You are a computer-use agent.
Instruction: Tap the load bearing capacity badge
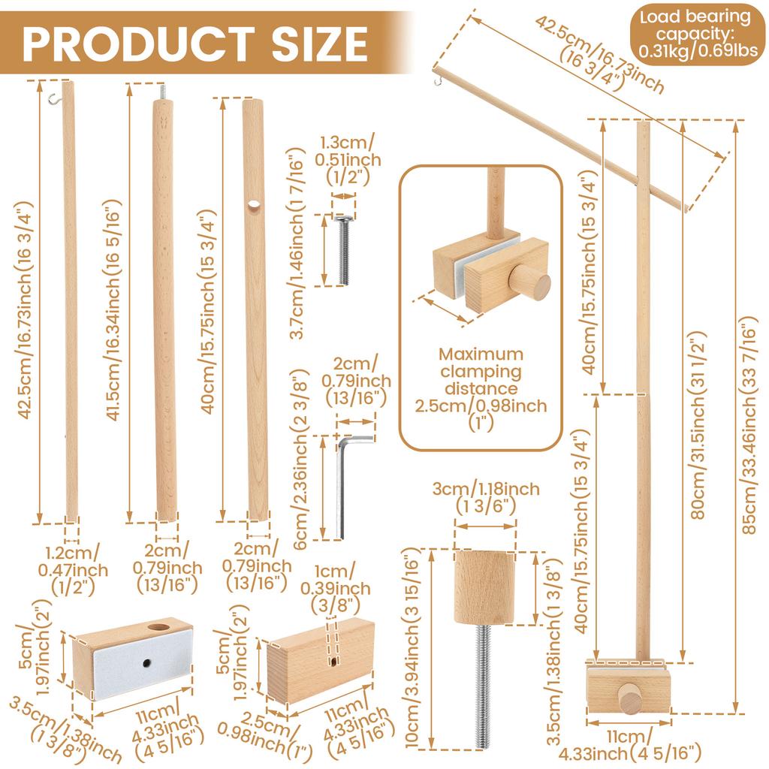694,36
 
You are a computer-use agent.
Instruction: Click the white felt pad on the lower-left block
141,665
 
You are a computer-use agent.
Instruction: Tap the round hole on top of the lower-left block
158,626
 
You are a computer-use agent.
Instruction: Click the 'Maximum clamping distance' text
481,371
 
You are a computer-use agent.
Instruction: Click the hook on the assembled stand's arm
438,74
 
